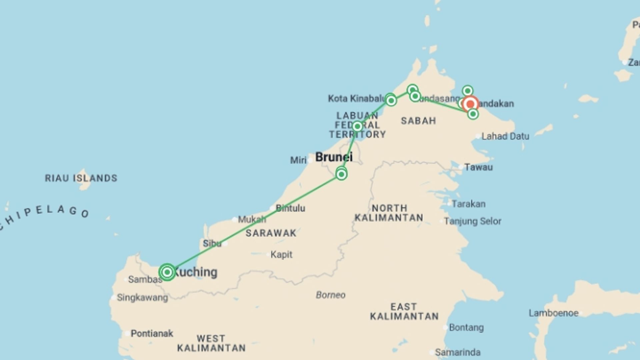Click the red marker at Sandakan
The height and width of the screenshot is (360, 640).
click(x=470, y=104)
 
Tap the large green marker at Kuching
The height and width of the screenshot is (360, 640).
click(x=167, y=272)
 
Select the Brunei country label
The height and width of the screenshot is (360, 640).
click(x=334, y=157)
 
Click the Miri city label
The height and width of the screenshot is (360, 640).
click(x=298, y=160)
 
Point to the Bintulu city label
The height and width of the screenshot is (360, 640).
click(x=290, y=208)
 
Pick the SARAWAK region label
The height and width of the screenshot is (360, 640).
click(x=271, y=233)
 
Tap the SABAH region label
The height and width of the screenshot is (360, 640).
click(x=418, y=121)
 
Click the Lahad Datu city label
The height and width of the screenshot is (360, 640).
click(x=505, y=136)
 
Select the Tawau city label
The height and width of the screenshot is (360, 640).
click(x=478, y=167)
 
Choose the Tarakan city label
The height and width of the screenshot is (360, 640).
click(x=468, y=204)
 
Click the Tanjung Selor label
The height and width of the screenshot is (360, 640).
click(x=472, y=221)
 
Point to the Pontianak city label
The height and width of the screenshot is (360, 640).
click(x=152, y=333)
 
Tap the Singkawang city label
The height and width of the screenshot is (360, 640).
click(x=142, y=298)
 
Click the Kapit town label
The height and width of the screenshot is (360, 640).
click(x=281, y=255)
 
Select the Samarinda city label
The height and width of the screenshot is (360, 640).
click(x=457, y=352)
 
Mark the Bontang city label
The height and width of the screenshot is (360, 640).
click(x=466, y=328)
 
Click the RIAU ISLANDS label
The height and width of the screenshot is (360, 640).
click(x=81, y=178)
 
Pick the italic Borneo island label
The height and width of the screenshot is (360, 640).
click(x=330, y=295)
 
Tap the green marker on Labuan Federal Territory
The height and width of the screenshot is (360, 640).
click(x=357, y=126)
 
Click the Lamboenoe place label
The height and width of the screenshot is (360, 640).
click(x=553, y=313)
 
